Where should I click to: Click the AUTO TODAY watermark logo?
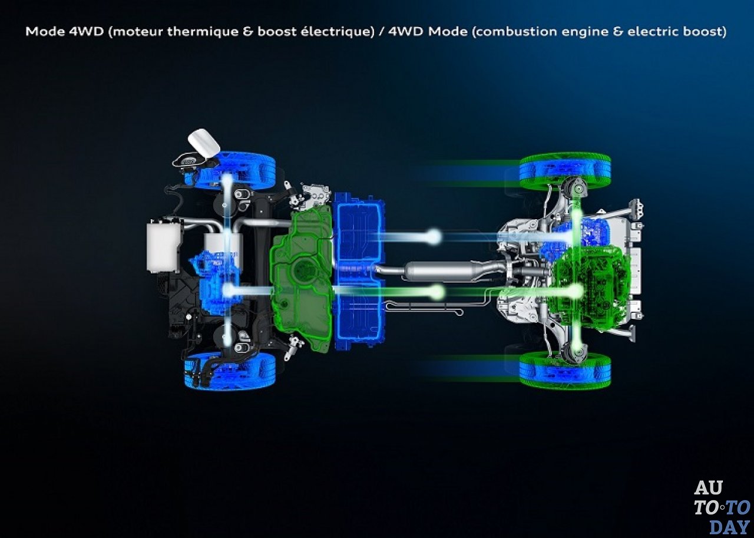[x=722, y=507]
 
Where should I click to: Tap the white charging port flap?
[x=204, y=143]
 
